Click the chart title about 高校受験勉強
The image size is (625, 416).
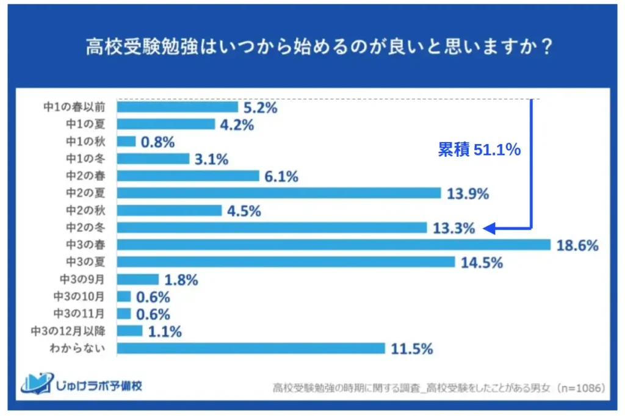pos(312,48)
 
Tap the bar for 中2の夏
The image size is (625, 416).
pos(278,193)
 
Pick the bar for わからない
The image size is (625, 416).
pos(251,348)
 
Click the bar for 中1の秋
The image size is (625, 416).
pos(126,142)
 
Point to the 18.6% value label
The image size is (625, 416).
pos(577,245)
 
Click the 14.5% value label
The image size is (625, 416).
pos(482,262)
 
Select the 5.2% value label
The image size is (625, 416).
pos(261,108)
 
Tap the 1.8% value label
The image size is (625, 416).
pos(181,280)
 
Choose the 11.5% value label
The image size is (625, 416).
pos(412,349)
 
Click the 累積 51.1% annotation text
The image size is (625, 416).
pos(479,150)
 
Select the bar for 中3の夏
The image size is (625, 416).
pos(286,262)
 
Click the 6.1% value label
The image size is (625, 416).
pos(281,177)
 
